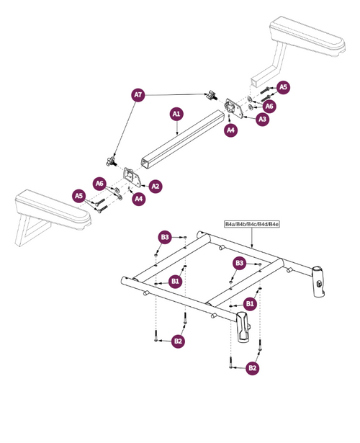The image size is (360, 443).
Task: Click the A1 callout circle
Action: tap(176, 114)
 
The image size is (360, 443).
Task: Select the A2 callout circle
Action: tap(156, 186)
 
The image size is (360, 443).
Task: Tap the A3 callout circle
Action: tap(263, 119)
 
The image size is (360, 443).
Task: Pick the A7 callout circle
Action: tap(138, 94)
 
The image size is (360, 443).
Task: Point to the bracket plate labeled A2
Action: tap(133, 177)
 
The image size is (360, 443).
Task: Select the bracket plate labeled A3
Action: tap(234, 107)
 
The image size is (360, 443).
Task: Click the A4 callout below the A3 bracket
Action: tap(230, 130)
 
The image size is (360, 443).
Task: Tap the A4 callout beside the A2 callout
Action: tap(139, 199)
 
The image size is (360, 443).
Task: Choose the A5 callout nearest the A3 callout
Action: tap(283, 87)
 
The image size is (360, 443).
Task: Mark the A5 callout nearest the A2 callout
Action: tap(78, 196)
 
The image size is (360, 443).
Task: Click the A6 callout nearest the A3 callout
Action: tap(269, 106)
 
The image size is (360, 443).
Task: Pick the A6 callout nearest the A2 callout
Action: tap(99, 184)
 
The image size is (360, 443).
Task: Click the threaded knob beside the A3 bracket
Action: tap(212, 95)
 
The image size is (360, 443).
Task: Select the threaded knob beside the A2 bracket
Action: tap(112, 162)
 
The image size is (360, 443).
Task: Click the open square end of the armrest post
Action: tap(255, 81)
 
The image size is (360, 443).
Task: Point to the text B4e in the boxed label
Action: tap(274, 224)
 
